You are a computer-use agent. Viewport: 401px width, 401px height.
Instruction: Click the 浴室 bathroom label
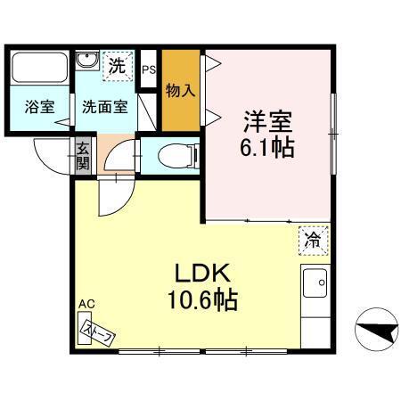coord(38,107)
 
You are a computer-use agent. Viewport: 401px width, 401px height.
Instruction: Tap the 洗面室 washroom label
coord(104,107)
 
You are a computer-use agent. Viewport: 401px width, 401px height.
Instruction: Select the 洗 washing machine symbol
coord(116,64)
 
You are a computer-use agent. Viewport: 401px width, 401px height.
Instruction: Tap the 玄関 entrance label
coord(82,157)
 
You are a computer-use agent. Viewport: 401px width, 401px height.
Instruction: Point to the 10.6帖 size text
coord(203,302)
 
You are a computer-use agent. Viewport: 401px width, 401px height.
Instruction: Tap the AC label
coord(86,305)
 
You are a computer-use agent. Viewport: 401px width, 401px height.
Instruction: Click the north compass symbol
coord(373,333)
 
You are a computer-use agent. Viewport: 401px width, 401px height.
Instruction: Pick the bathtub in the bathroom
coord(38,68)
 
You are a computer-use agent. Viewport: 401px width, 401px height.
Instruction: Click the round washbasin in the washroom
coord(87,61)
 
